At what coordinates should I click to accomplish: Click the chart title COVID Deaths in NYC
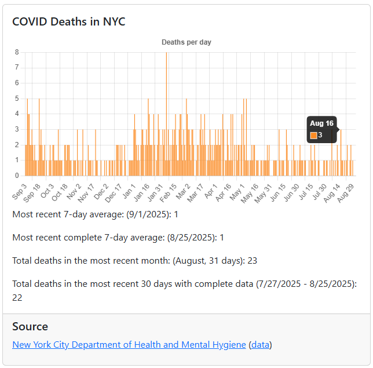pos(69,22)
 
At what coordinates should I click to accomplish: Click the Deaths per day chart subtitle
pos(186,42)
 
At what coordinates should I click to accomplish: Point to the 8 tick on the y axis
pos(17,52)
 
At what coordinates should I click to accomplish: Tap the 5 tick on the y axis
pos(17,99)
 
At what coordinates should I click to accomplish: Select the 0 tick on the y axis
pos(17,175)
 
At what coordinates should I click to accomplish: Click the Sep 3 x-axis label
pos(20,190)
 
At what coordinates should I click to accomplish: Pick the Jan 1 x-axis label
pos(129,190)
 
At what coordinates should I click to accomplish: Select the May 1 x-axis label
pos(237,190)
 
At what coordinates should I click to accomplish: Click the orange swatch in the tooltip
pos(314,135)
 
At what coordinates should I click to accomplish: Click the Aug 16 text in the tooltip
pos(321,123)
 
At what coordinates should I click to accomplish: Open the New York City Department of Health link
pos(129,345)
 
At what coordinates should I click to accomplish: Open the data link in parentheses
pos(260,345)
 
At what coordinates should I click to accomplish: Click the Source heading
pos(30,326)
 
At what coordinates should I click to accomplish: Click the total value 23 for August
pos(252,261)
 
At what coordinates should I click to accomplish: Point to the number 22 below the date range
pos(17,297)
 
